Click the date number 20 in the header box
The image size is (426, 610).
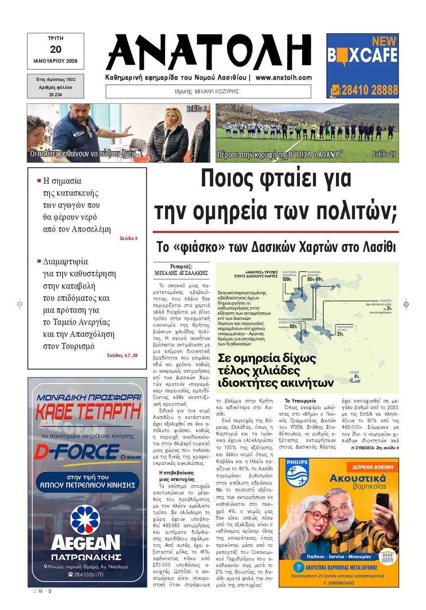[x=55, y=49]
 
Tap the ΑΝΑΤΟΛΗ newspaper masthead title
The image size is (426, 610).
[x=209, y=52]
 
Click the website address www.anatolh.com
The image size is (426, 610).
[x=284, y=77]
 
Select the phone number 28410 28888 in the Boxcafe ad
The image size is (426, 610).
[x=369, y=90]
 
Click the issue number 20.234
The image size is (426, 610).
[x=55, y=95]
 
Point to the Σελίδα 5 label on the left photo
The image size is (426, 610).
[x=197, y=109]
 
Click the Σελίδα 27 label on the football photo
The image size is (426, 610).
[x=384, y=154]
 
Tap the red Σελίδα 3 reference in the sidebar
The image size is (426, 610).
[x=129, y=238]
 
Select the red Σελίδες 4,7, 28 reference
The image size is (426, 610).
[x=122, y=355]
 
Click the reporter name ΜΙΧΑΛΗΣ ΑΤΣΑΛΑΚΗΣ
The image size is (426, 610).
[x=181, y=273]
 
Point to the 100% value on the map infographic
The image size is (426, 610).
[x=287, y=279]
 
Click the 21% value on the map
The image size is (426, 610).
[x=340, y=334]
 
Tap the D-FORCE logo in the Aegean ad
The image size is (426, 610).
[x=78, y=452]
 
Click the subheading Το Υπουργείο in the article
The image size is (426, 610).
[x=300, y=400]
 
